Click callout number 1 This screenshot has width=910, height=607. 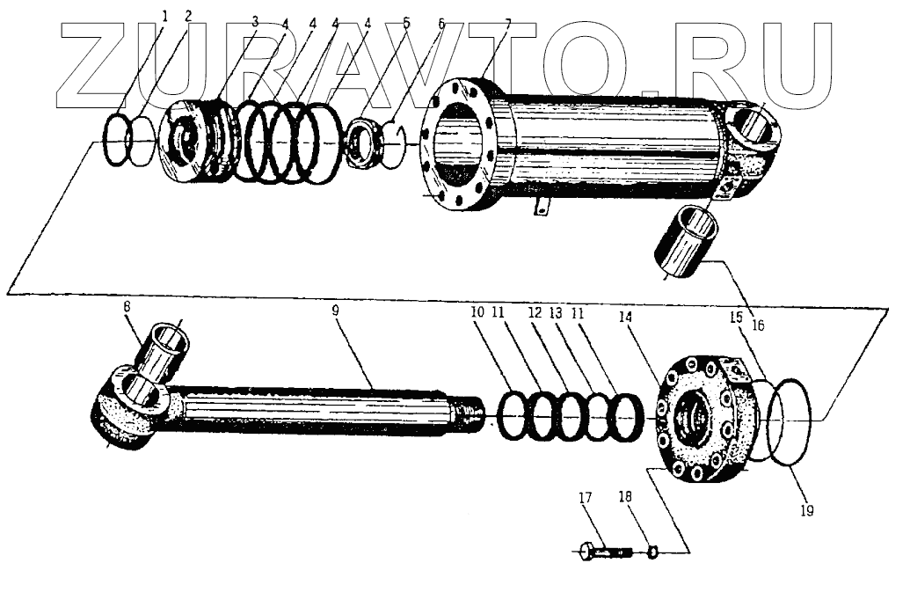click(164, 15)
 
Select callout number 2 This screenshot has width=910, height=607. click(186, 15)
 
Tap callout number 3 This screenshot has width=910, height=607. click(255, 20)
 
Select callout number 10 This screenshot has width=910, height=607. click(477, 312)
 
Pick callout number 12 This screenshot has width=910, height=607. click(535, 312)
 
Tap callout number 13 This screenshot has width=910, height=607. click(556, 312)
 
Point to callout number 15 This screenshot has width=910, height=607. click(736, 314)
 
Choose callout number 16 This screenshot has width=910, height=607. click(758, 325)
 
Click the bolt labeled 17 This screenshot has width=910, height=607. click(607, 552)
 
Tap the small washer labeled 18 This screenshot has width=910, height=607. click(652, 552)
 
